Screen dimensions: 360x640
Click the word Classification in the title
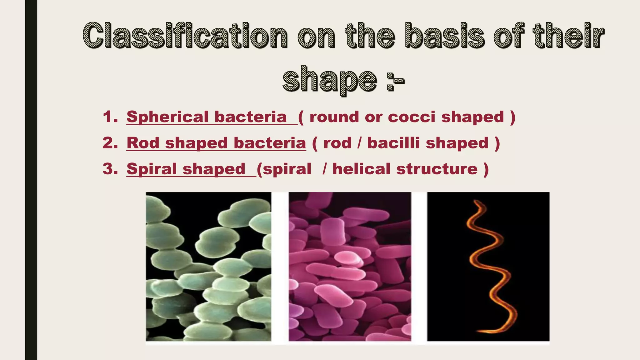(x=185, y=36)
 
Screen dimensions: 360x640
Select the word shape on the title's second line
(x=329, y=80)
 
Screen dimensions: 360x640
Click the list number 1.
(x=110, y=117)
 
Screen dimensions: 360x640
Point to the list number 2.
(x=110, y=143)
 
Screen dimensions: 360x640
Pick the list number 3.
(x=110, y=169)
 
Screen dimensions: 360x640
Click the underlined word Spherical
(x=167, y=117)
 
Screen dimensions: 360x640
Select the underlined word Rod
(x=143, y=143)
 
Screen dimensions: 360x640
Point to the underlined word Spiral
(x=152, y=169)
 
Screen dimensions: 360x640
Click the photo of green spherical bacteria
(x=208, y=266)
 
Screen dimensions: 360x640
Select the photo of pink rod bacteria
(x=350, y=266)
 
